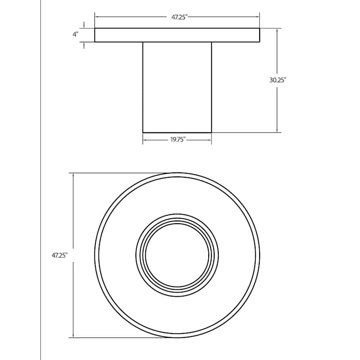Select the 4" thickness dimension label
point(76,35)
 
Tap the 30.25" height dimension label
point(278,80)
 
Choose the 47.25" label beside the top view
point(59,255)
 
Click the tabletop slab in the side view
point(177,35)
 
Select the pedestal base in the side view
point(177,87)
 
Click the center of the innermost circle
point(177,255)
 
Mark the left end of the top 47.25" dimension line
point(95,17)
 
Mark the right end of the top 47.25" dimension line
point(259,17)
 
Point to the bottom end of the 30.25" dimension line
point(277,132)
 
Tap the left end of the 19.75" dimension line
point(143,139)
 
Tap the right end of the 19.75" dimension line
point(211,139)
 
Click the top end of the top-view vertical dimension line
point(73,173)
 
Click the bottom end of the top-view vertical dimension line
point(73,337)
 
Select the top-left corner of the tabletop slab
point(95,28)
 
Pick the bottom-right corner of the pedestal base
point(211,132)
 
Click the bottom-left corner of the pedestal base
point(143,132)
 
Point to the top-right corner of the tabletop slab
point(259,28)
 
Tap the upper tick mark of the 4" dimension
point(84,24)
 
